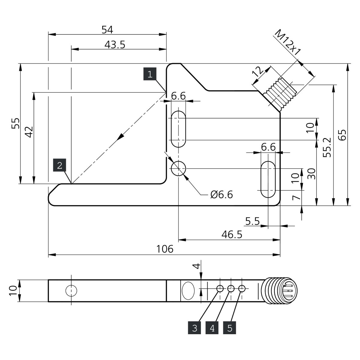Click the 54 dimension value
tap(107, 30)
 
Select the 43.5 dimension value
tap(115, 45)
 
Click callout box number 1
tap(150, 74)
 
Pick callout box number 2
tap(60, 165)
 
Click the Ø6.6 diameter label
tap(222, 195)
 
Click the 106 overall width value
tap(165, 249)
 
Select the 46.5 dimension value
tap(232, 235)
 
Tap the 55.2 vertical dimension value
tap(327, 148)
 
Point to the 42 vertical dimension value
tap(29, 132)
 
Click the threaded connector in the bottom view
tap(280, 291)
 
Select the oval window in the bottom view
tap(188, 291)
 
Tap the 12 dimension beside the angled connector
tap(259, 72)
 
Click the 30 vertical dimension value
tap(311, 174)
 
